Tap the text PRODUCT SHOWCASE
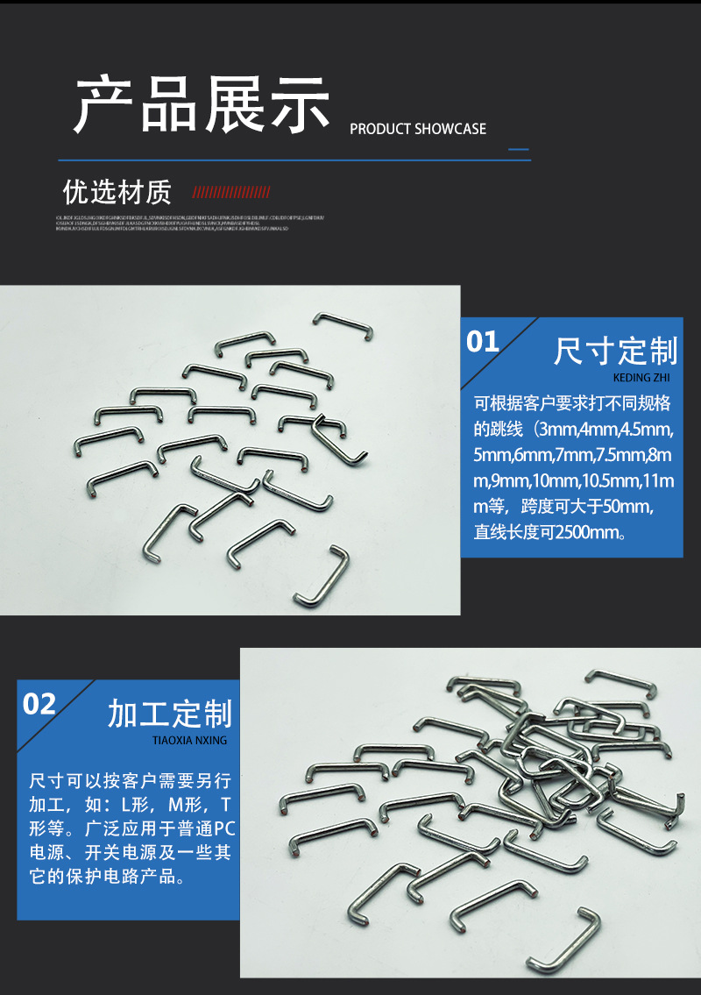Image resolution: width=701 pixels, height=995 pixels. pyautogui.click(x=418, y=129)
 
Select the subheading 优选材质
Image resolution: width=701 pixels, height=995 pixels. pyautogui.click(x=117, y=192)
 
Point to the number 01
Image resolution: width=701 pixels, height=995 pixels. pyautogui.click(x=482, y=342)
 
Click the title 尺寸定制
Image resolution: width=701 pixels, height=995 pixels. pyautogui.click(x=615, y=352)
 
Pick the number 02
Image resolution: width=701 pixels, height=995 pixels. pyautogui.click(x=39, y=704)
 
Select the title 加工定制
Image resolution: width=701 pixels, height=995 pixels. pyautogui.click(x=169, y=714)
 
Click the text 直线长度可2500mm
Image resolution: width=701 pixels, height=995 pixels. pyautogui.click(x=549, y=531)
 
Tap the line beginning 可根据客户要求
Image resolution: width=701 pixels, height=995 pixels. pyautogui.click(x=571, y=404)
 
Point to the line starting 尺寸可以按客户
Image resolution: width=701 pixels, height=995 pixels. pyautogui.click(x=131, y=780)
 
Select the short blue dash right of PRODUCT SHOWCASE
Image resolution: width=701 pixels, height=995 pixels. pyautogui.click(x=520, y=149)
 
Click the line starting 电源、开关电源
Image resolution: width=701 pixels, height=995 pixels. pyautogui.click(x=131, y=852)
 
